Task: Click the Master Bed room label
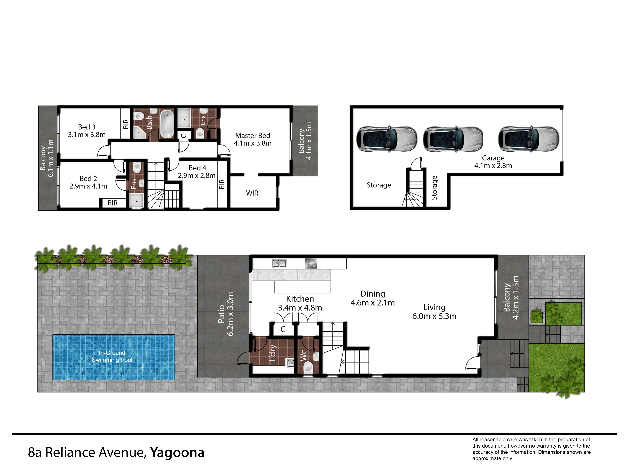(x=253, y=135)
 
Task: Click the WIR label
(x=252, y=193)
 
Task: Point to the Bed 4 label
(x=197, y=168)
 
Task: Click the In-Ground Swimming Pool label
(x=112, y=356)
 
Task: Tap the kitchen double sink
(x=279, y=263)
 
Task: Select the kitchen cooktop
(x=311, y=263)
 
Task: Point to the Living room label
(x=434, y=307)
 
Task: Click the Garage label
(x=493, y=158)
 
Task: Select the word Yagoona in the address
(x=177, y=452)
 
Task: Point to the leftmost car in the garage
(x=387, y=139)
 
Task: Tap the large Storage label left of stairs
(x=379, y=185)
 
